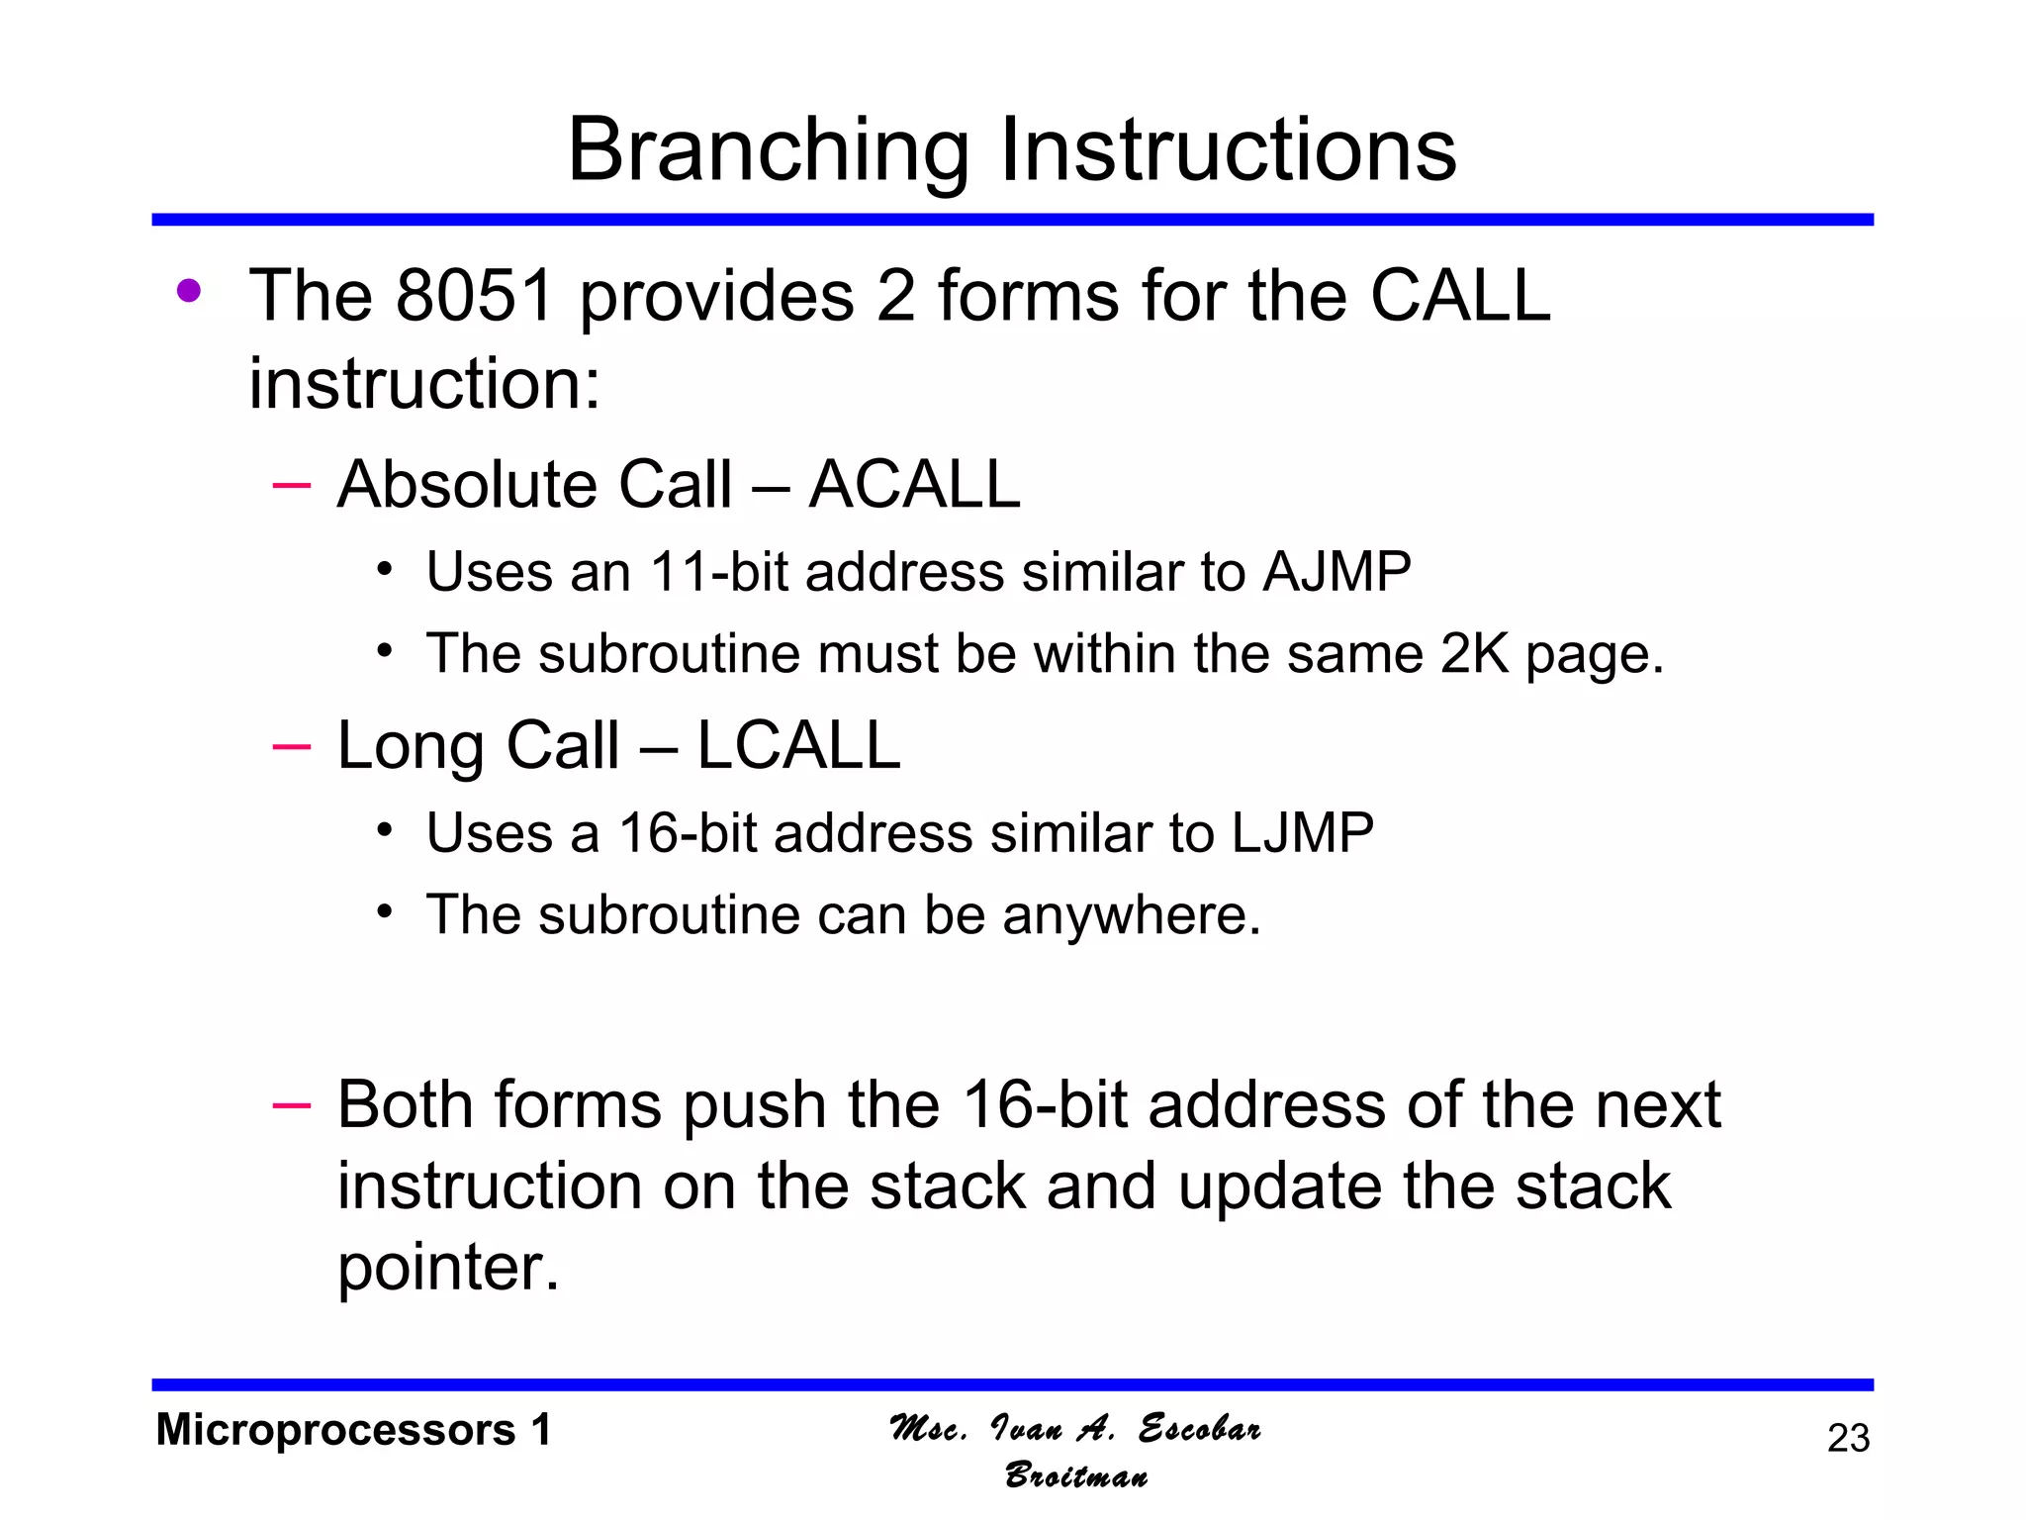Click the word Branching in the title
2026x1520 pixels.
click(x=767, y=150)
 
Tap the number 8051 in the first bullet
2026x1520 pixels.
click(x=474, y=296)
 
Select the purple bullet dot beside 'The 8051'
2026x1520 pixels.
click(x=189, y=291)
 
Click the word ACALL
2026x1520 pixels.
click(x=914, y=485)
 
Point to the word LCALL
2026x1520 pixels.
click(x=798, y=745)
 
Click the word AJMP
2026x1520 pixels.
click(x=1336, y=572)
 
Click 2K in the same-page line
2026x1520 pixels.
click(x=1475, y=654)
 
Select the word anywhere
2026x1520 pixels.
click(x=1132, y=914)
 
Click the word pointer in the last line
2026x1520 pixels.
click(x=447, y=1268)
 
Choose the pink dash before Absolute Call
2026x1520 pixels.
click(x=291, y=485)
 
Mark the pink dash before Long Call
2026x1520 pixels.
click(x=291, y=745)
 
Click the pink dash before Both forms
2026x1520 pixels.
click(x=291, y=1104)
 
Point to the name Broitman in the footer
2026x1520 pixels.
click(x=1076, y=1475)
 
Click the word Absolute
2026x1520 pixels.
click(x=465, y=485)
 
